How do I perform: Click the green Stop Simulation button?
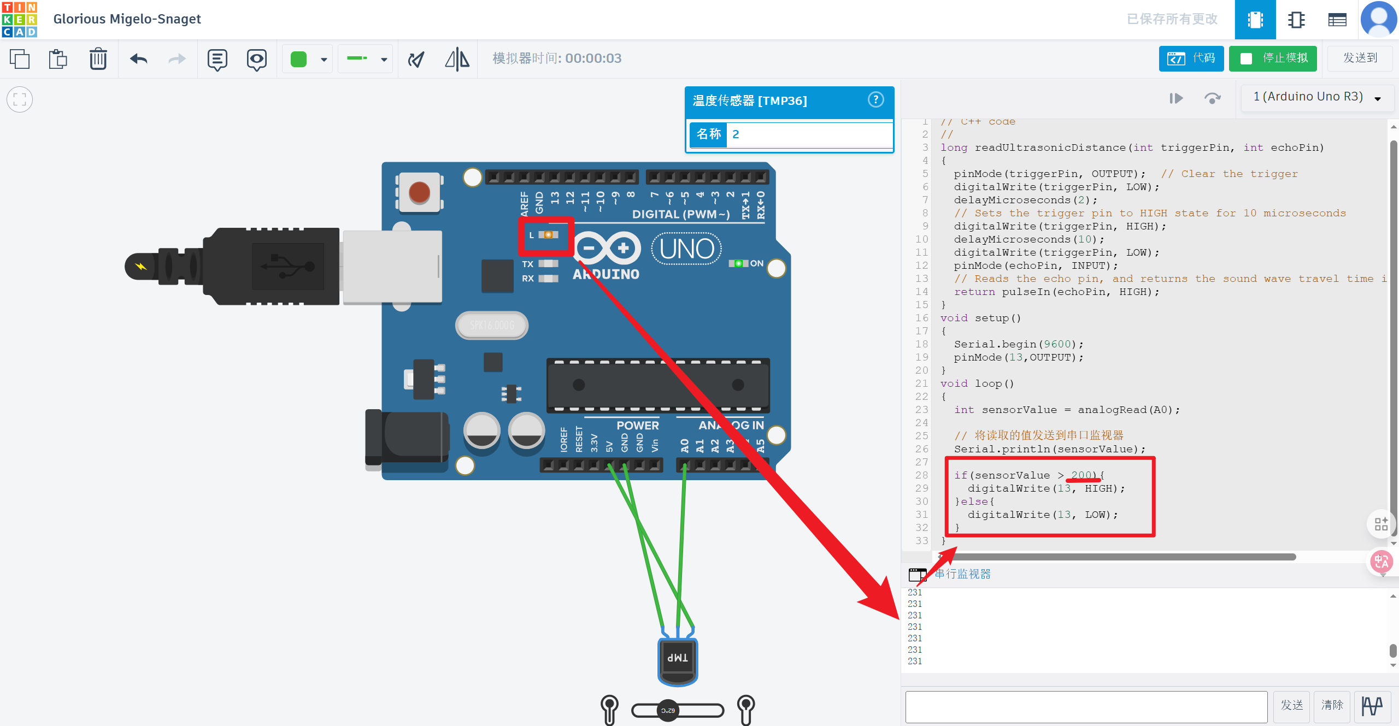[1273, 58]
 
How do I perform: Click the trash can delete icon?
[98, 58]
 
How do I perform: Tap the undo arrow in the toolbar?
[139, 58]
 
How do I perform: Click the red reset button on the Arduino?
[420, 192]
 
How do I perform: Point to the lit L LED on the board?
[548, 235]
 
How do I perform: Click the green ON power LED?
[738, 264]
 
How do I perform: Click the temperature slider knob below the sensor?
[668, 710]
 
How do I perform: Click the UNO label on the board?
[686, 249]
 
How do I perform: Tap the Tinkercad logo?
[19, 19]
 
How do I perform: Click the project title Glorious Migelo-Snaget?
[127, 19]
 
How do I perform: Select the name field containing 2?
[809, 134]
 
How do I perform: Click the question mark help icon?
[875, 99]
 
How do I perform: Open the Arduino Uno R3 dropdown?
[1317, 97]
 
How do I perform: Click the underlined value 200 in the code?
[1082, 475]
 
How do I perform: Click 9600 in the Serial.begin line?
[1057, 344]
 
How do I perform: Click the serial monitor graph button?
[1372, 706]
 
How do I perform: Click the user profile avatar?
[1379, 19]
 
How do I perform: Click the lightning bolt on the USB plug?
[141, 267]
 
